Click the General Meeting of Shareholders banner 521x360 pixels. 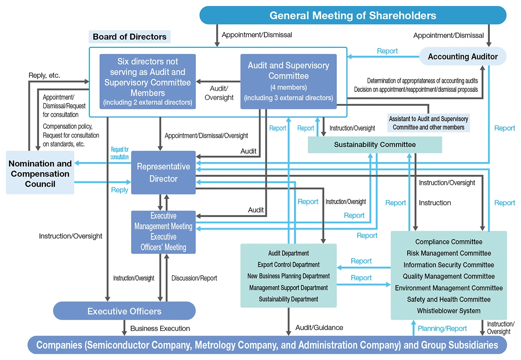coord(353,16)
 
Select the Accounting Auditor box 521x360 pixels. coord(463,56)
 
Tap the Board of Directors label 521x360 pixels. coord(129,37)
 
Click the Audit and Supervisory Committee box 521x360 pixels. coord(288,81)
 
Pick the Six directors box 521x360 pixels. coord(147,81)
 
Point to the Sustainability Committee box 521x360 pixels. coord(375,145)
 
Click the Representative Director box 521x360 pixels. coord(163,172)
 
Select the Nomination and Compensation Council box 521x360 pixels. coord(40,174)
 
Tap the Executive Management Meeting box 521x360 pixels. coord(163,232)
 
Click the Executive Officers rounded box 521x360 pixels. coord(124,311)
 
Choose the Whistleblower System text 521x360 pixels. coord(448,311)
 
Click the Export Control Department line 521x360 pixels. coord(288,264)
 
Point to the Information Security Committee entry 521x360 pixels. coord(448,265)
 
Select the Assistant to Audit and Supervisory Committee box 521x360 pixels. coord(429,123)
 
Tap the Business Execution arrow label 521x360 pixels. coord(160,329)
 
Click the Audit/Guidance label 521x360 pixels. coord(319,327)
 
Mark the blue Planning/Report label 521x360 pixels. coord(442,329)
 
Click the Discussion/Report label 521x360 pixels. coord(194,278)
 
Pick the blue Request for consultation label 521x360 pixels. coord(119,153)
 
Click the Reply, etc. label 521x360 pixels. coord(44,76)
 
